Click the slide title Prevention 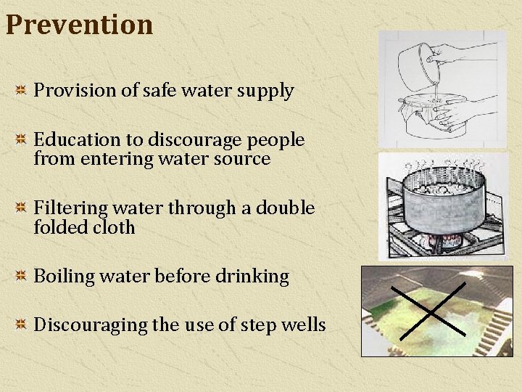[x=79, y=25]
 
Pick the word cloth [x=115, y=228]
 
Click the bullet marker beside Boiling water [x=21, y=277]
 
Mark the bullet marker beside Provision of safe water [x=21, y=91]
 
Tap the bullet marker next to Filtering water [x=21, y=208]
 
